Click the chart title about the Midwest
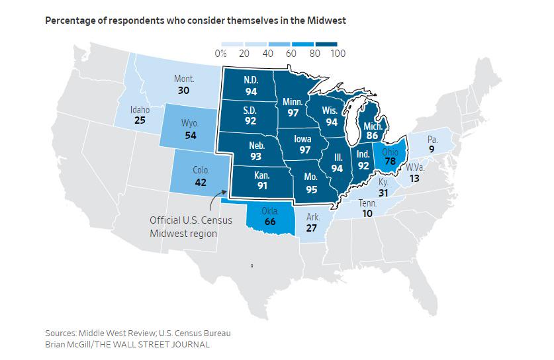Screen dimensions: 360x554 195,21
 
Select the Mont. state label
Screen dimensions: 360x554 184,79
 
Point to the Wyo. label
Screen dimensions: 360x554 189,124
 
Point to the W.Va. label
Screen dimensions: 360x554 415,167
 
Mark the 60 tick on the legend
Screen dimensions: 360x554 290,53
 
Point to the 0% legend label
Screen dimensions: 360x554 222,53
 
